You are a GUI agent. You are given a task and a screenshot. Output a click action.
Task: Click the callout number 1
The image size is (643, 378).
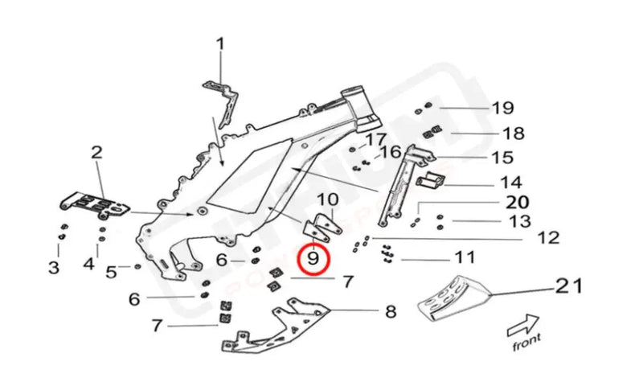click(219, 43)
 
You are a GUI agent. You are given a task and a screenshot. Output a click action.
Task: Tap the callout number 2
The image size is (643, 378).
click(96, 152)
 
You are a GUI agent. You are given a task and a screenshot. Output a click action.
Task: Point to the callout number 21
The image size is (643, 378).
click(567, 286)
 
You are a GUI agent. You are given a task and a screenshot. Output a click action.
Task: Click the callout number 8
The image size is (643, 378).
click(391, 310)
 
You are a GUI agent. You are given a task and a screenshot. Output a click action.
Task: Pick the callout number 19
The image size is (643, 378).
click(502, 108)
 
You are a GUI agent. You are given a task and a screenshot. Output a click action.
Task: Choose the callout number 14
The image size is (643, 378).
click(511, 182)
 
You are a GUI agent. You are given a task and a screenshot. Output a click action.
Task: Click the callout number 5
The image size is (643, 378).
click(112, 271)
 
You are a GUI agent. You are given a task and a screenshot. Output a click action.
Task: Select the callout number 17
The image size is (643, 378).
click(376, 140)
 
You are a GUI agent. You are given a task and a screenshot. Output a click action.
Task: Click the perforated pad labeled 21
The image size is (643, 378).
click(454, 298)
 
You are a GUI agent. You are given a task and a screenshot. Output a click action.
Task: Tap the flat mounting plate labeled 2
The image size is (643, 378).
click(95, 204)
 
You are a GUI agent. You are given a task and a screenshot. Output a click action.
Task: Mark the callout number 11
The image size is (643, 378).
click(464, 258)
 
